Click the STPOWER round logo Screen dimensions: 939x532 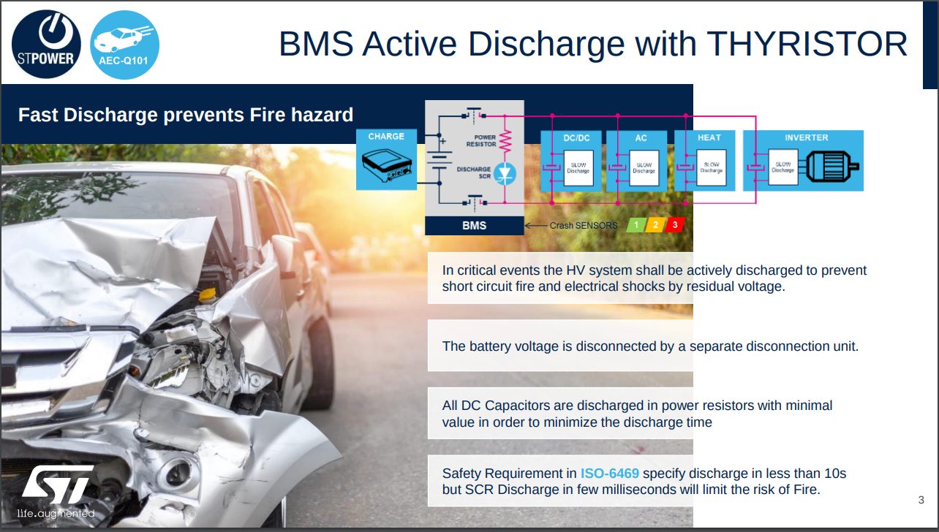[46, 44]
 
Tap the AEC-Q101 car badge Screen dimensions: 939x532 [124, 45]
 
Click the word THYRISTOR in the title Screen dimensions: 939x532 [807, 44]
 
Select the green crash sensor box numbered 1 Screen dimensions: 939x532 [636, 225]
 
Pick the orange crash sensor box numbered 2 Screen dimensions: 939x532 [655, 225]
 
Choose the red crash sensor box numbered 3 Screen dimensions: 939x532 [674, 225]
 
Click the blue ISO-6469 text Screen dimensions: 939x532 [609, 473]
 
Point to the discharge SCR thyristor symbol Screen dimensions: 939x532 [505, 173]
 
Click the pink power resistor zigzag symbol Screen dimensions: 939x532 [505, 141]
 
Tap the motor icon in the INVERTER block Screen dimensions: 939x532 [832, 167]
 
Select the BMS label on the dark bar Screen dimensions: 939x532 [474, 225]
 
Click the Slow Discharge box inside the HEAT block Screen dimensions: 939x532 [711, 167]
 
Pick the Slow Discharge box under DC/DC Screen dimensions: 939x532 [578, 168]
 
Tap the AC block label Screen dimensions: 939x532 [641, 138]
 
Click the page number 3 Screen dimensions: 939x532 [921, 500]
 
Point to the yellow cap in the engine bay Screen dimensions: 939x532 [207, 295]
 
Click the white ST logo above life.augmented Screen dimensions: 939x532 [58, 484]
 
